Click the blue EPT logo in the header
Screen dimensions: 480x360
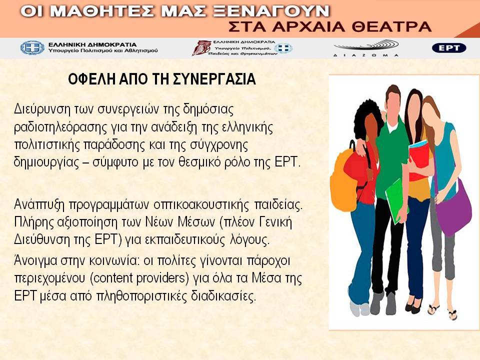coord(449,48)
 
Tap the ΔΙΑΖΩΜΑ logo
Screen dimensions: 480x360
coord(366,48)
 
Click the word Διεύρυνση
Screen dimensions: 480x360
coord(42,109)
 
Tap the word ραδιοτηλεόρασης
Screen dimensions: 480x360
coord(60,127)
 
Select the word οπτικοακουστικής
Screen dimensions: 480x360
coord(201,205)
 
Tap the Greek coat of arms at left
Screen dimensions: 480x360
coord(32,48)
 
